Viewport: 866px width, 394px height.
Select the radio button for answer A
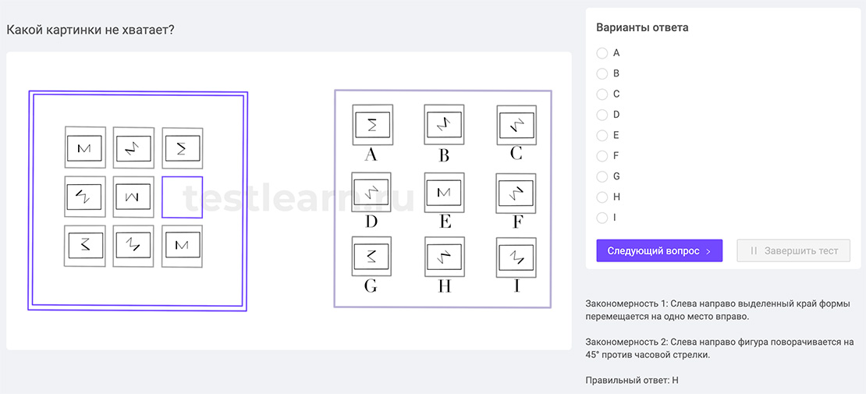coord(602,53)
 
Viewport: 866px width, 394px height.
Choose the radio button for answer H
coord(602,197)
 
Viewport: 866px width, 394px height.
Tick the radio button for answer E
coord(602,135)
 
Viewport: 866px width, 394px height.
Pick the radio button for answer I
coord(602,218)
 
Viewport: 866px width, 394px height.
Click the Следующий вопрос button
coord(659,250)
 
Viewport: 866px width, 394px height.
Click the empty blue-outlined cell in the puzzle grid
coord(182,197)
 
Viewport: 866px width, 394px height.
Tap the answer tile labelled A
coord(372,125)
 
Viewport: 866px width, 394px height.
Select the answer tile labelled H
coord(444,256)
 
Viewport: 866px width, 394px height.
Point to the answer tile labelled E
coord(444,192)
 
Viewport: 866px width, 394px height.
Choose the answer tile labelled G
coord(371,256)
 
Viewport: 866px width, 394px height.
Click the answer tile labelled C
coord(516,125)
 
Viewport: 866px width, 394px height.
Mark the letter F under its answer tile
coord(516,222)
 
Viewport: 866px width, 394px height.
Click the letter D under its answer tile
coord(371,222)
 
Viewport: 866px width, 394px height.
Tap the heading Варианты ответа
coord(641,28)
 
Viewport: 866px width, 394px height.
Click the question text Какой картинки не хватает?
coord(90,30)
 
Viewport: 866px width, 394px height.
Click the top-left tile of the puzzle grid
coord(84,147)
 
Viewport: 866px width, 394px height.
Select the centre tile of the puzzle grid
coord(133,197)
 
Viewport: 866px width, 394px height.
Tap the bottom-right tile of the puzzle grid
coord(182,246)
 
